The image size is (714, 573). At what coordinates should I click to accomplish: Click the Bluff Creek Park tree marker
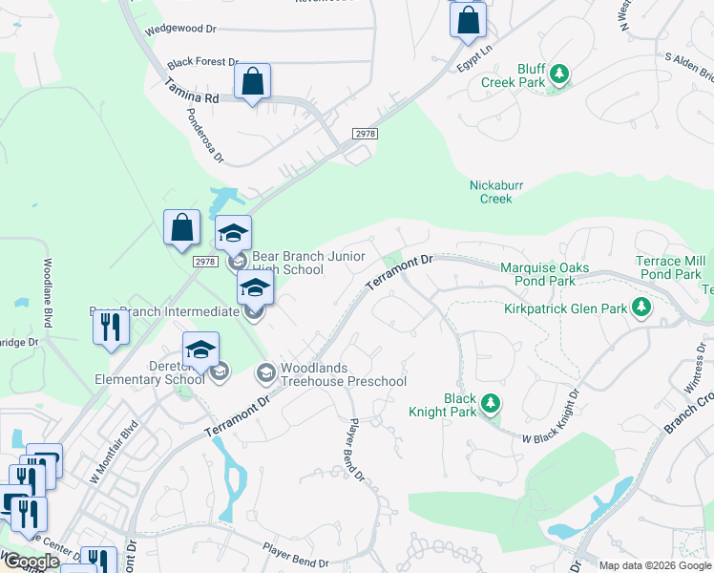[x=561, y=74]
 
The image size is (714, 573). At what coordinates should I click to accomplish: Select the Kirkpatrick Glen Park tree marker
[x=642, y=307]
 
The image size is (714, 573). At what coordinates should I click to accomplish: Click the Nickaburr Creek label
[x=492, y=192]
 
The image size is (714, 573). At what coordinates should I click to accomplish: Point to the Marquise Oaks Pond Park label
[x=544, y=274]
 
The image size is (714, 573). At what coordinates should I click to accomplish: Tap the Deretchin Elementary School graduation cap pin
[x=200, y=350]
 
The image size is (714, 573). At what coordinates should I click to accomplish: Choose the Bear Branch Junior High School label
[x=286, y=263]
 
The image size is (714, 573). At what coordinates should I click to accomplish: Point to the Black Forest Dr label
[x=202, y=62]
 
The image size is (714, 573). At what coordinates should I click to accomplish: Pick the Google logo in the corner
[x=31, y=562]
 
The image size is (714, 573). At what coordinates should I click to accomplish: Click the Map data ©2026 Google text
[x=654, y=565]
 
